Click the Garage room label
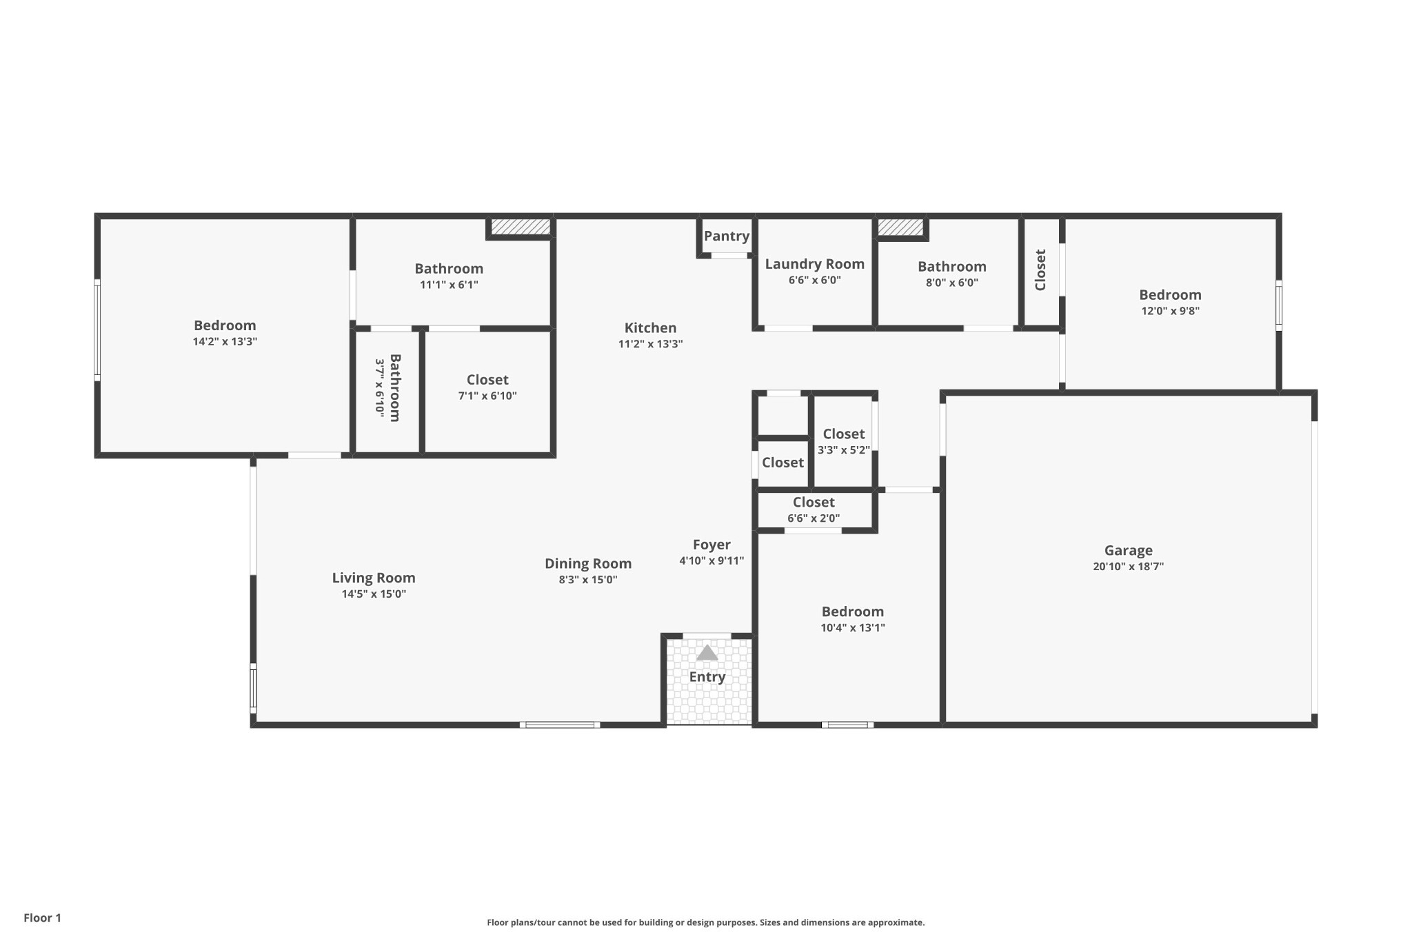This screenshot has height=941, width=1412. click(1128, 550)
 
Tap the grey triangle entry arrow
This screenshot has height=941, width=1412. click(707, 653)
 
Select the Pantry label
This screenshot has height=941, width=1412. click(726, 236)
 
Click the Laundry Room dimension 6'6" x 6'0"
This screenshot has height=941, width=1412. click(814, 280)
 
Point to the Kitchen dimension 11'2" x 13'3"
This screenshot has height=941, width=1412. click(650, 344)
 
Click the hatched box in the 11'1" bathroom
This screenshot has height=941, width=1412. click(521, 227)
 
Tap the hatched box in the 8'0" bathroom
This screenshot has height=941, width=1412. click(900, 227)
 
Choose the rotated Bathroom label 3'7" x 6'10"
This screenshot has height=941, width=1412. click(387, 387)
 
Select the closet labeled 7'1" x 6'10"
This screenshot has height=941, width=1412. click(487, 387)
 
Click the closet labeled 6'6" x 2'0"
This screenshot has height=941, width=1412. click(814, 509)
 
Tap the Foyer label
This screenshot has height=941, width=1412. click(712, 545)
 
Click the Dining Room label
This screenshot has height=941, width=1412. click(588, 564)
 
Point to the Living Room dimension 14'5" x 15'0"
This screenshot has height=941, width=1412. click(374, 594)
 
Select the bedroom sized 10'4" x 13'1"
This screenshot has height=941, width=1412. click(852, 618)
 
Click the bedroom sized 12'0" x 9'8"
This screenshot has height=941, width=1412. click(1170, 302)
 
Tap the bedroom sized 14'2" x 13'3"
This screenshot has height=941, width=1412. click(225, 332)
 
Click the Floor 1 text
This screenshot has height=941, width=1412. click(42, 918)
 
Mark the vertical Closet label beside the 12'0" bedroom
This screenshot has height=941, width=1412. click(1040, 270)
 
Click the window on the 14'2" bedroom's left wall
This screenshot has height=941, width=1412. click(97, 330)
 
